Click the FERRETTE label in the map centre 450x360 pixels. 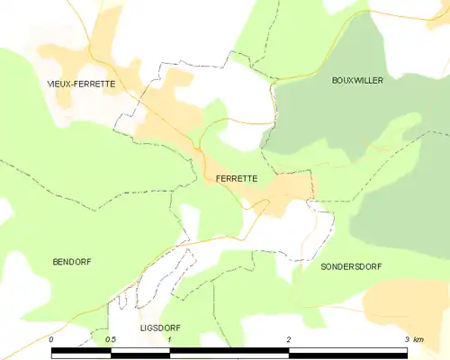pos(237,178)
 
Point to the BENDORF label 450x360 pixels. pos(71,261)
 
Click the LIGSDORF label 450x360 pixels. pos(160,328)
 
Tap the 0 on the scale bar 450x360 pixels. pos(52,339)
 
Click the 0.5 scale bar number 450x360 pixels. pos(111,339)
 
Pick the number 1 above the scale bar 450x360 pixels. pos(170,339)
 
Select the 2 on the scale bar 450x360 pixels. pos(289,339)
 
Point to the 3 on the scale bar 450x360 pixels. pos(407,339)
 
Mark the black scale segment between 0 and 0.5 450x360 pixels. pos(81,353)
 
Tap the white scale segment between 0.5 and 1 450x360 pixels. pos(140,353)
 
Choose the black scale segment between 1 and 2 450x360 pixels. pos(229,353)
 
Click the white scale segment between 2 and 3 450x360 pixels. pos(348,353)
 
